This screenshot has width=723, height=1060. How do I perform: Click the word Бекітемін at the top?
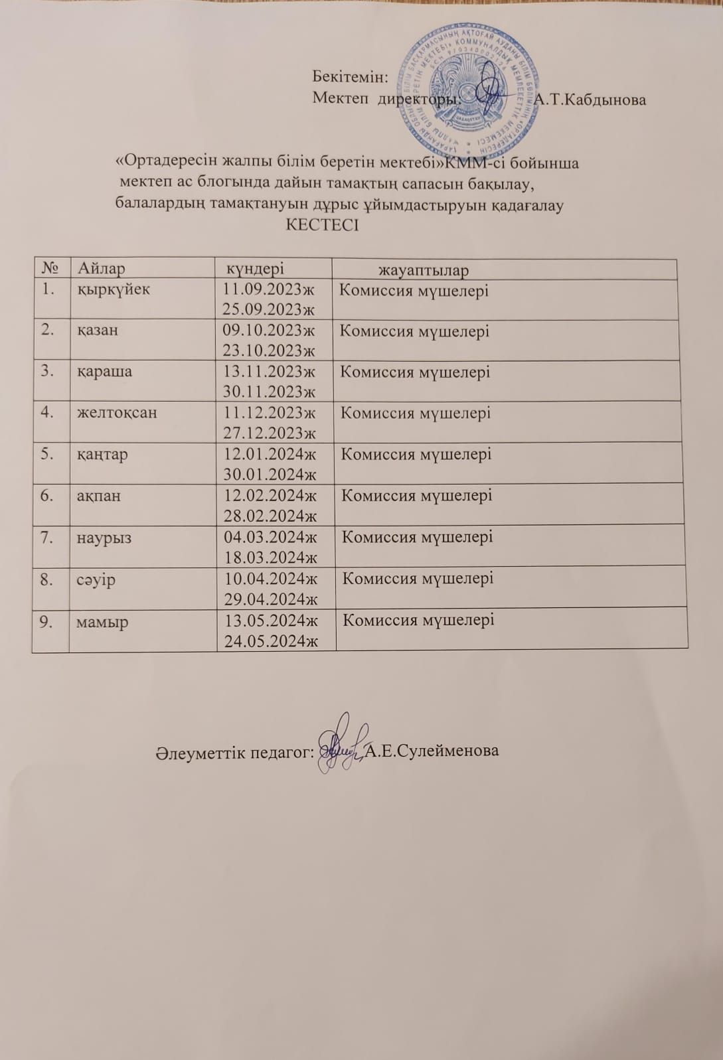click(350, 76)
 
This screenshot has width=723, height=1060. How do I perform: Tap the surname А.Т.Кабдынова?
click(590, 100)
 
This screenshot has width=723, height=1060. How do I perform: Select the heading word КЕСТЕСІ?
click(322, 225)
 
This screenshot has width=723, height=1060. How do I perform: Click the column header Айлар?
click(102, 268)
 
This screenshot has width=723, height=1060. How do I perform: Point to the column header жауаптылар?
click(423, 270)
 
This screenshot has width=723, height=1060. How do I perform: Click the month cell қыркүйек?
click(114, 289)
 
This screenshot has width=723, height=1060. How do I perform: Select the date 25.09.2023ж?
click(269, 309)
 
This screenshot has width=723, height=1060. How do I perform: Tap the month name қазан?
click(98, 330)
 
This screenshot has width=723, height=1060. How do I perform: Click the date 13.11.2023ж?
click(270, 371)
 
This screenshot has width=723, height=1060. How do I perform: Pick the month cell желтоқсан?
click(118, 412)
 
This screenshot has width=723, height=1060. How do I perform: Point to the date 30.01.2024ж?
click(270, 474)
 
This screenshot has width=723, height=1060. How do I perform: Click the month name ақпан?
click(99, 495)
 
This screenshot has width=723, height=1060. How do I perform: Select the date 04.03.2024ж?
click(271, 536)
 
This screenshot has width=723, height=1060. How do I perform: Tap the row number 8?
click(46, 579)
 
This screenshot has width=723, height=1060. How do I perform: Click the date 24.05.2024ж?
click(272, 641)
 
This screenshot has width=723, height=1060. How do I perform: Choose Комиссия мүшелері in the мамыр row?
click(418, 620)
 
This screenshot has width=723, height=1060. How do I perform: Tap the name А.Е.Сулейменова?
click(432, 751)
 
